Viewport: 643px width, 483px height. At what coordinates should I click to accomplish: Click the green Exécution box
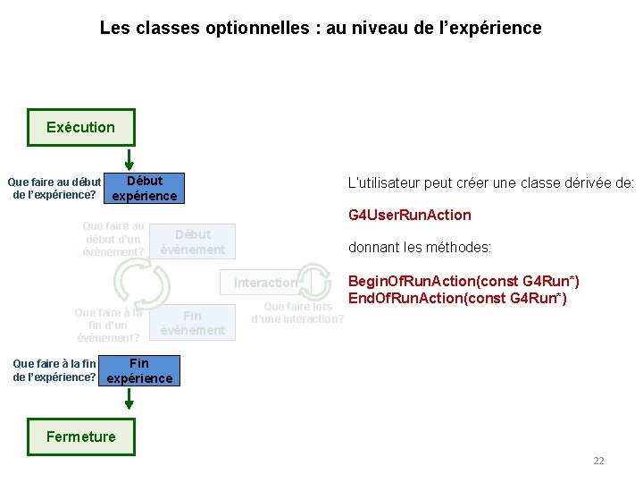[81, 127]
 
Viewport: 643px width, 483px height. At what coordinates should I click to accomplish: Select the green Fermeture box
[81, 436]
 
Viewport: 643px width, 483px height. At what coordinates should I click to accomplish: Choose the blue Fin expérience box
[139, 370]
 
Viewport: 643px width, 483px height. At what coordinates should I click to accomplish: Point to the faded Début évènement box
[192, 241]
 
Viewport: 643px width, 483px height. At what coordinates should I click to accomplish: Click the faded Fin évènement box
[192, 323]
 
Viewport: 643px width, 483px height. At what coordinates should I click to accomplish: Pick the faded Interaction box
[265, 283]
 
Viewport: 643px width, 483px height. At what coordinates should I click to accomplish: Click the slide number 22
[598, 461]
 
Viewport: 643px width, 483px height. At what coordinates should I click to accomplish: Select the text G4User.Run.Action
[409, 215]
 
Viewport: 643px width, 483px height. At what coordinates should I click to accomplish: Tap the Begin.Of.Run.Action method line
[463, 282]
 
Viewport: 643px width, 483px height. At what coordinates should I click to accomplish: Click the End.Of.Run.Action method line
[456, 298]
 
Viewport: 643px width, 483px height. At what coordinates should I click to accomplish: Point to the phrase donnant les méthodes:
[419, 248]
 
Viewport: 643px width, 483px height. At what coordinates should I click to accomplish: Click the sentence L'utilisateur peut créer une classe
[489, 182]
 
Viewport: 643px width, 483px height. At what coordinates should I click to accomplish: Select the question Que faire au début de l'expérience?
[54, 188]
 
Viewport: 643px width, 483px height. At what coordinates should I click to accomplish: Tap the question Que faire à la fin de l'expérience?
[54, 370]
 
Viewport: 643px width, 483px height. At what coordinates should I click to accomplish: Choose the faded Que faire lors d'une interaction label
[296, 313]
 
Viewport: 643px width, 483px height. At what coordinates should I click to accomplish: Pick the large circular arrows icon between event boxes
[142, 284]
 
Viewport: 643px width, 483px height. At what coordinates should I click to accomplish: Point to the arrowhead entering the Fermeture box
[115, 412]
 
